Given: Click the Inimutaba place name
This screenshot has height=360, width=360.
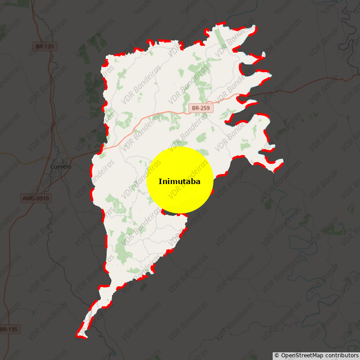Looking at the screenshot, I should tap(179, 182).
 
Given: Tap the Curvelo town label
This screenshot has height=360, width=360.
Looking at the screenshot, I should tap(61, 166).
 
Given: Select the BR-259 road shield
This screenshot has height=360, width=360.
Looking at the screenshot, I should tap(201, 108).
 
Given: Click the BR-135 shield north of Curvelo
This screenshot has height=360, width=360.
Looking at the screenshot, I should tap(45, 46).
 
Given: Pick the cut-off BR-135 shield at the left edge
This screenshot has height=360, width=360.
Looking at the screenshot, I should tap(9, 329).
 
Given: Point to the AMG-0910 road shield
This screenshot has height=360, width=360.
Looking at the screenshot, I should tap(36, 198).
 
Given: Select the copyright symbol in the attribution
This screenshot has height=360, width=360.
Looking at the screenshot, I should tap(277, 355).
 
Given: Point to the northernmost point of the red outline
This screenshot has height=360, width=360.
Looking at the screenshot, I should tap(220, 23).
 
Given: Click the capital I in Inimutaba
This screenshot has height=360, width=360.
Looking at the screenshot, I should tap(160, 182).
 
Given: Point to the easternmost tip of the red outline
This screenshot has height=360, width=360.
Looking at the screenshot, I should tap(283, 161).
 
